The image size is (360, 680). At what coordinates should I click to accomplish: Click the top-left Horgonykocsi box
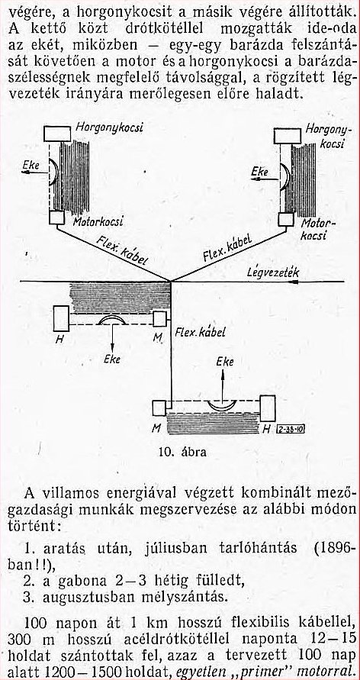(57, 134)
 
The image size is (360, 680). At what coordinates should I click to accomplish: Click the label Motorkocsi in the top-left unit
(98, 221)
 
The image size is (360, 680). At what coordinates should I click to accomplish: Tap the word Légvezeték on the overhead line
(273, 272)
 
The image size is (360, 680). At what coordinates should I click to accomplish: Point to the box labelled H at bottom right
(267, 408)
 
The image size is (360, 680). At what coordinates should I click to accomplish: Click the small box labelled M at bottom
(159, 408)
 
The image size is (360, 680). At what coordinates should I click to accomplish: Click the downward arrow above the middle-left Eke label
(112, 337)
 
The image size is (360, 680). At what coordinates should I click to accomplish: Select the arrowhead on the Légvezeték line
(294, 282)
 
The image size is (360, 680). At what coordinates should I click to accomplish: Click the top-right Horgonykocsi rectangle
(288, 136)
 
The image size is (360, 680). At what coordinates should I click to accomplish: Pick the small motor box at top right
(286, 220)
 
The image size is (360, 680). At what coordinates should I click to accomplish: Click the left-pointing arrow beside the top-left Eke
(36, 172)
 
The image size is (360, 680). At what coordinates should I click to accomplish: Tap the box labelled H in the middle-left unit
(61, 319)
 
